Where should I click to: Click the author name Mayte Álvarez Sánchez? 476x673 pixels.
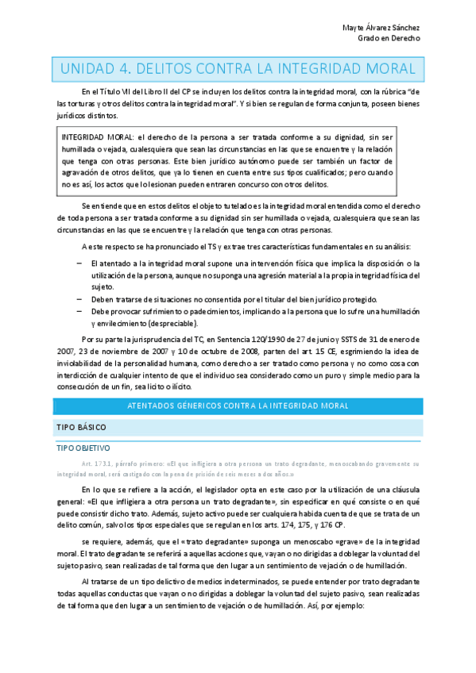[381, 28]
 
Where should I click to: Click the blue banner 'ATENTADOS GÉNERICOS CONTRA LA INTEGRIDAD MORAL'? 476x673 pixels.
[238, 406]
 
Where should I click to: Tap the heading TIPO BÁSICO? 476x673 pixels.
[81, 428]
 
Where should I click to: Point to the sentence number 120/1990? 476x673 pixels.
[263, 338]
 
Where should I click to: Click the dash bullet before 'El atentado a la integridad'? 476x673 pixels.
[79, 263]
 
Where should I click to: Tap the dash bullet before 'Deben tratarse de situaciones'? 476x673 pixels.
[79, 299]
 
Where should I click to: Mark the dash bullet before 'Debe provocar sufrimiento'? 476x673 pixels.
[79, 311]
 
